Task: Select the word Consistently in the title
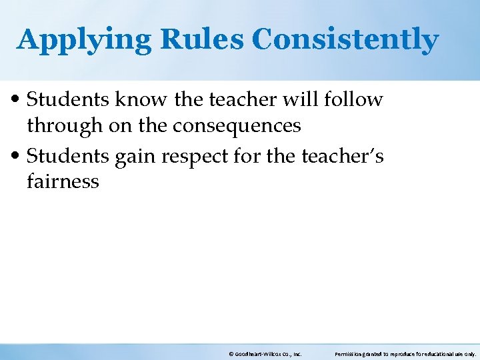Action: pos(345,41)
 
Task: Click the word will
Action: pos(307,99)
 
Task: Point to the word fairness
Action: pos(63,181)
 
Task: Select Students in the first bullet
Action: pos(69,100)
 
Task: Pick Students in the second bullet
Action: pos(69,156)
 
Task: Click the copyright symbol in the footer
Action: pos(230,354)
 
